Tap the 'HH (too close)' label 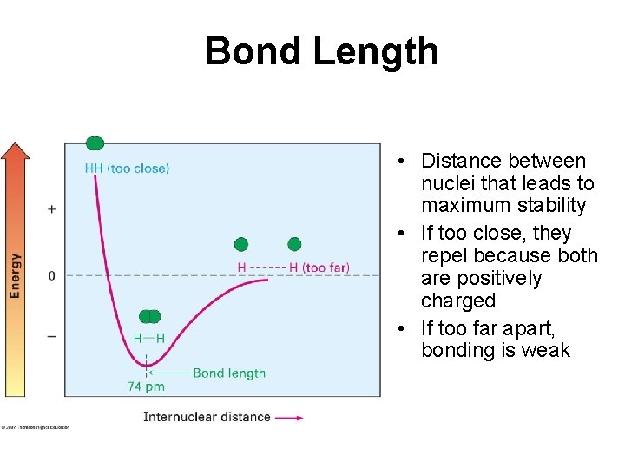[127, 168]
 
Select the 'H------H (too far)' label [293, 268]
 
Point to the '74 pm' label [146, 386]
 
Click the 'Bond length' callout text [229, 373]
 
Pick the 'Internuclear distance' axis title [207, 417]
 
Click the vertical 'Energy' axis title [15, 275]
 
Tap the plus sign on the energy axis [51, 209]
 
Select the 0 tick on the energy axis [51, 275]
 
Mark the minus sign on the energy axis [51, 336]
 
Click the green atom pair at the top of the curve [95, 143]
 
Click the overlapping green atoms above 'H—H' [149, 317]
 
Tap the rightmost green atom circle [294, 244]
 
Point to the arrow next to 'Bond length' [169, 373]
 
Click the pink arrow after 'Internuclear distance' [289, 418]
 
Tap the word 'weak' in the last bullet [546, 350]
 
